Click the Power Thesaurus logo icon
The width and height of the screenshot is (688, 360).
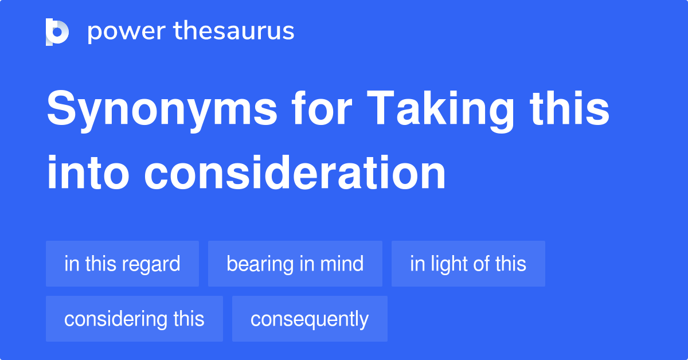pyautogui.click(x=57, y=32)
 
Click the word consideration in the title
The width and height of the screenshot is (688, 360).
pyautogui.click(x=295, y=173)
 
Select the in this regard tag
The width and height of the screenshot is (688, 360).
pyautogui.click(x=122, y=264)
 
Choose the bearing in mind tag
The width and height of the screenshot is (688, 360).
pyautogui.click(x=295, y=264)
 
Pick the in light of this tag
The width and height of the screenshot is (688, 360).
pyautogui.click(x=468, y=264)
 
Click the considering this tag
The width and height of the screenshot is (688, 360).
pyautogui.click(x=134, y=319)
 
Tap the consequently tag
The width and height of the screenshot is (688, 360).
pyautogui.click(x=310, y=319)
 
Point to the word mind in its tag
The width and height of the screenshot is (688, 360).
pyautogui.click(x=342, y=264)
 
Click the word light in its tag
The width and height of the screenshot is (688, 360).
pyautogui.click(x=447, y=264)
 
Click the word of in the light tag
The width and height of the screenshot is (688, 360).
pyautogui.click(x=481, y=264)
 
